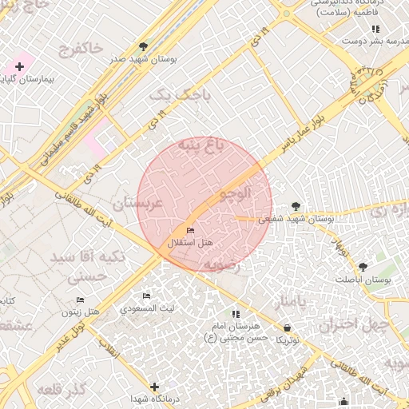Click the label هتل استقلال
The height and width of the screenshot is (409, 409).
(191, 241)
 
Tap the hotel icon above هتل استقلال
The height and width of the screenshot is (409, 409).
(190, 230)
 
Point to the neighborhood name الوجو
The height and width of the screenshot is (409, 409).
(234, 193)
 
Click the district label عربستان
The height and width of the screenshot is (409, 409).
(137, 204)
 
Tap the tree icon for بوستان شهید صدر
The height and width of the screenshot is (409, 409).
(143, 46)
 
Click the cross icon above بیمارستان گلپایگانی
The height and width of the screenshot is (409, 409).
(19, 66)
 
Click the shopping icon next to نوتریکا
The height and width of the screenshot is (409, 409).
(288, 328)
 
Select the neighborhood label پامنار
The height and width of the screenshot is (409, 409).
(290, 304)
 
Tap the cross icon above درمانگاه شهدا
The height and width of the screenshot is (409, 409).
(154, 387)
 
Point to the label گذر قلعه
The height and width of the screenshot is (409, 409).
(61, 390)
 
